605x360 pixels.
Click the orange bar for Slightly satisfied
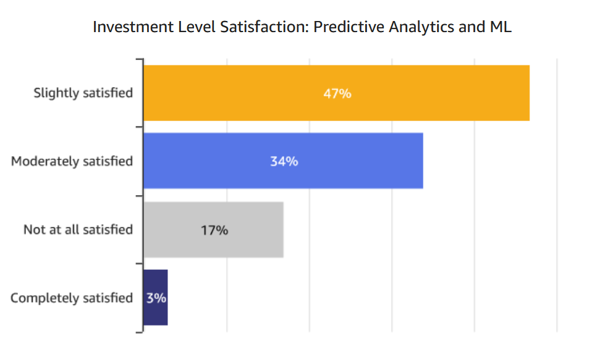click(433, 93)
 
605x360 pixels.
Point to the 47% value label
click(337, 94)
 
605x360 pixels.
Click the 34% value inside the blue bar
click(284, 162)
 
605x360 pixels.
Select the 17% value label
click(214, 230)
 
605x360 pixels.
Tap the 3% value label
click(156, 298)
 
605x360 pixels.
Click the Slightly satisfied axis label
click(83, 93)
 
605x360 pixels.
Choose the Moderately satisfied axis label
click(72, 162)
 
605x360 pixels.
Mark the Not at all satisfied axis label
click(78, 230)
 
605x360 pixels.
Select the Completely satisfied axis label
click(72, 298)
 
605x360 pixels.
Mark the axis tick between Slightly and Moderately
click(140, 127)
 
